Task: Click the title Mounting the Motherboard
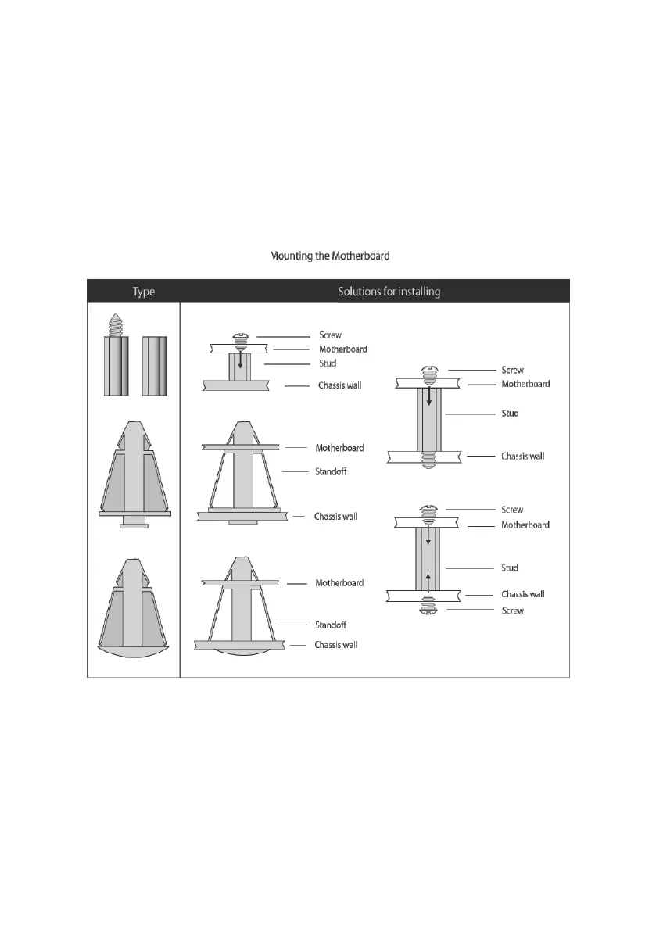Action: (329, 256)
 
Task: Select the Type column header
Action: (144, 292)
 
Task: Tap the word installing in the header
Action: (418, 292)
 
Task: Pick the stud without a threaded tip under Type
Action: (156, 367)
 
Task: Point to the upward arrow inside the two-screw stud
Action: (428, 579)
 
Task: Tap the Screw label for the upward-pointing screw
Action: (512, 611)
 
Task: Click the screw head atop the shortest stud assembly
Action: (241, 337)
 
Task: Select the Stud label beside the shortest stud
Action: (328, 363)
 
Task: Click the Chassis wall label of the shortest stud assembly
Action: (339, 385)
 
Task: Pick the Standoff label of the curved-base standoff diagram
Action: (330, 625)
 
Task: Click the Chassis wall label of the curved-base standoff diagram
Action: (335, 645)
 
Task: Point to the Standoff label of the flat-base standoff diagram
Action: (330, 471)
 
